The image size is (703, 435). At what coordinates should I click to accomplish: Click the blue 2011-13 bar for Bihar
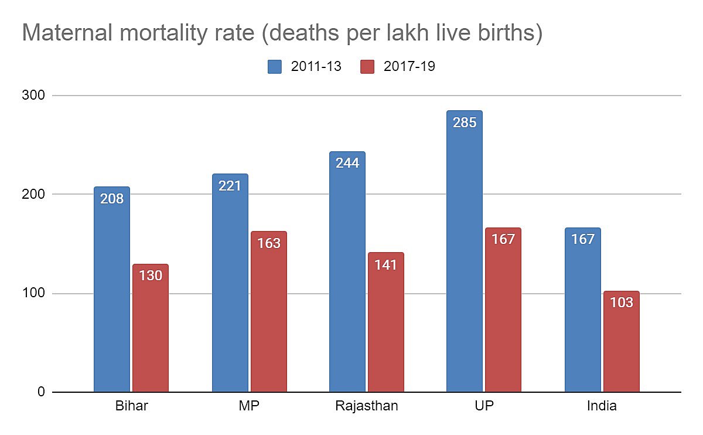coord(112,290)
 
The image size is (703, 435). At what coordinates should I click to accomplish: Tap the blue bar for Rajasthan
coord(347,273)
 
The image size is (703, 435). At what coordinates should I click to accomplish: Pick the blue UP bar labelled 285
coord(465,252)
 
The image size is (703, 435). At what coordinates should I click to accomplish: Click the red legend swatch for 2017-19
coord(367,66)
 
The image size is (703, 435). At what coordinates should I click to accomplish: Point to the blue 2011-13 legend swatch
coord(275,66)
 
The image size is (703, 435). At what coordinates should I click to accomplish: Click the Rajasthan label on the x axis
coord(367,406)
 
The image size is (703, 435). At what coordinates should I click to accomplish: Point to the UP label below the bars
coord(484,406)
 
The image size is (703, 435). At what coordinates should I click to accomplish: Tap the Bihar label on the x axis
coord(131,406)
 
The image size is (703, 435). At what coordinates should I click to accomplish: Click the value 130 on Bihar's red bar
coord(151,276)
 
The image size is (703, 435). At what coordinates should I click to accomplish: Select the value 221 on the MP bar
coord(230,186)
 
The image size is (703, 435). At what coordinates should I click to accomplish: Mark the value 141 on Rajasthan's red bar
coord(386,265)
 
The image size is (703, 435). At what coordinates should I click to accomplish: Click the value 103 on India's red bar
coord(622,303)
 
